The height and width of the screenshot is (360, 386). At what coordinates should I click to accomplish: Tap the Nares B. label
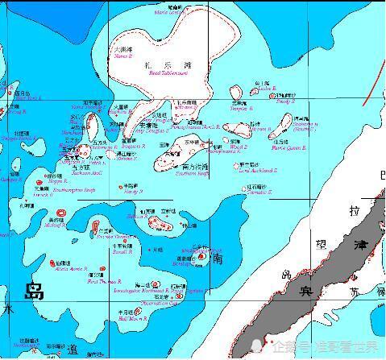(x=122, y=56)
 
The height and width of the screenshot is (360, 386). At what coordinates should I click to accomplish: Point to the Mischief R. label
(x=56, y=226)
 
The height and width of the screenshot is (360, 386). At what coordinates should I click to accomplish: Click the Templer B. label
(x=241, y=109)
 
